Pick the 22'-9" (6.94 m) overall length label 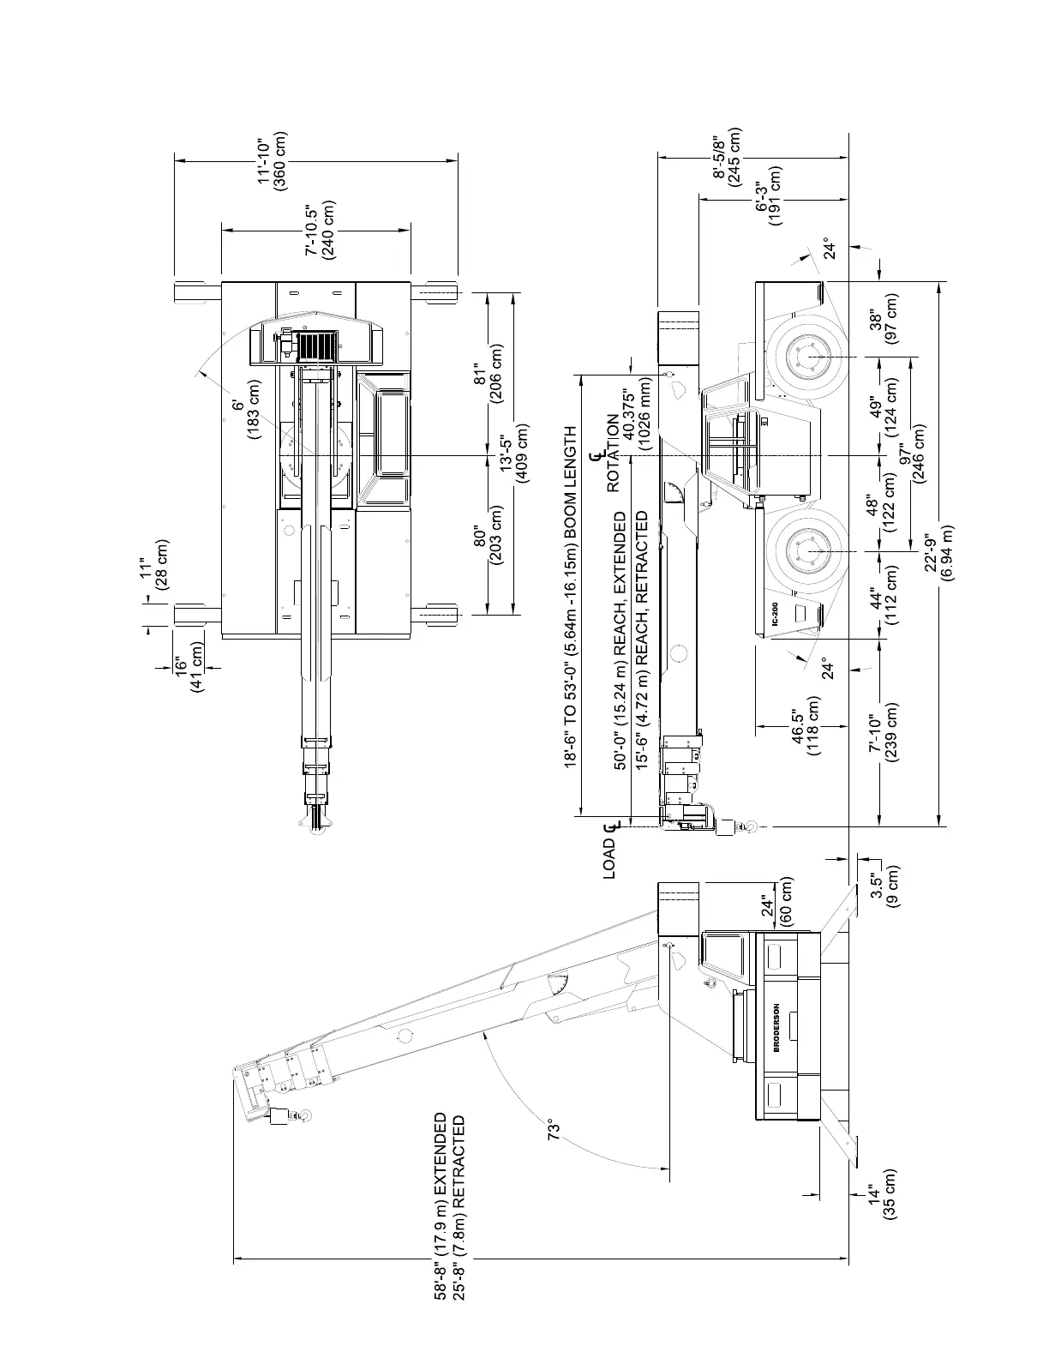[939, 557]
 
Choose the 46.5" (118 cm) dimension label [806, 725]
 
